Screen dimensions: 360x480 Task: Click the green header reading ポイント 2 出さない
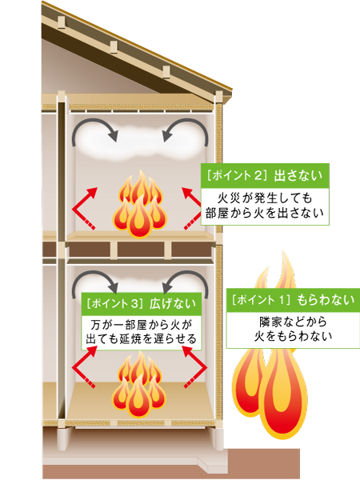tap(265, 176)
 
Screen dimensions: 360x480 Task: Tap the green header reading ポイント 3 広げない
tap(142, 304)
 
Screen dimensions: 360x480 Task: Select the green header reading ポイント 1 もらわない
tap(293, 300)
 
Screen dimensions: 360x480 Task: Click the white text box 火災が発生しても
tap(265, 206)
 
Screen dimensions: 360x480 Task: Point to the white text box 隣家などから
tap(293, 330)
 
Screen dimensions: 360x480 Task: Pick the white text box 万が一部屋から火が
tap(142, 333)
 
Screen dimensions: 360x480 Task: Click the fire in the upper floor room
tap(140, 203)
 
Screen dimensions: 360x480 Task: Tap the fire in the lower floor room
tap(139, 384)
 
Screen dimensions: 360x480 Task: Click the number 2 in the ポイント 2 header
tap(258, 176)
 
